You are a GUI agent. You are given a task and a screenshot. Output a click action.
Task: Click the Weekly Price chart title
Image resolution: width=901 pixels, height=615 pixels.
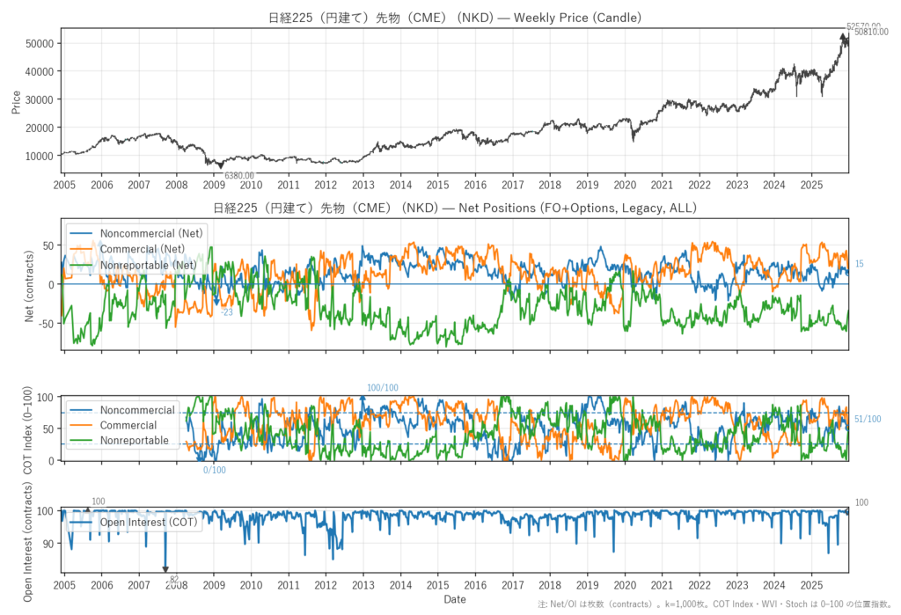[x=455, y=18]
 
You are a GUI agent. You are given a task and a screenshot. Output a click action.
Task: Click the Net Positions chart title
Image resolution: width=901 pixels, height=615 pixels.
[x=455, y=209]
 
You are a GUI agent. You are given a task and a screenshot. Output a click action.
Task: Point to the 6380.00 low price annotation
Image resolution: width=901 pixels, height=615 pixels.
[x=239, y=176]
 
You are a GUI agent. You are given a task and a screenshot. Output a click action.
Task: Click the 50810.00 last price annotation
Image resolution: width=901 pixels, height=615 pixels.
[x=871, y=33]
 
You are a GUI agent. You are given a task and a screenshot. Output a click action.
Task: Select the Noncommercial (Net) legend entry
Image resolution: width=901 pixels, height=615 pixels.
[x=149, y=233]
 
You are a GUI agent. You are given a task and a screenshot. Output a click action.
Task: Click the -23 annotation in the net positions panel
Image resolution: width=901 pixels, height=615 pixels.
[x=227, y=312]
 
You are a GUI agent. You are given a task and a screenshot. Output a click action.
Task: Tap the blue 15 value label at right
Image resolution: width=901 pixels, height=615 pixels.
[x=860, y=264]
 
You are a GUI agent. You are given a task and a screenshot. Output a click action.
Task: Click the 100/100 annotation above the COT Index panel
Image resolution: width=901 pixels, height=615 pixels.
[x=382, y=388]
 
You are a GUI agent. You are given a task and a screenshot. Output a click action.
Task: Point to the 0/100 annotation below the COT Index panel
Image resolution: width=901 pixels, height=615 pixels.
[x=215, y=470]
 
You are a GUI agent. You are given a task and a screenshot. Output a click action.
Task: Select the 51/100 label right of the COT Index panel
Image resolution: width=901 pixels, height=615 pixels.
[x=868, y=419]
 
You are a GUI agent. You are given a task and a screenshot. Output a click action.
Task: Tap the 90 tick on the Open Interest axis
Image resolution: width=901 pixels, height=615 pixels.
[x=48, y=544]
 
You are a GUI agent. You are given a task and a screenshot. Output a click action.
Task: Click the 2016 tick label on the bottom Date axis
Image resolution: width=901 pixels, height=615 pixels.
[x=475, y=585]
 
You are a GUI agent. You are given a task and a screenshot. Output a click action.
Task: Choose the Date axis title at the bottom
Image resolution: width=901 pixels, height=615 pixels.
[x=455, y=600]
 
